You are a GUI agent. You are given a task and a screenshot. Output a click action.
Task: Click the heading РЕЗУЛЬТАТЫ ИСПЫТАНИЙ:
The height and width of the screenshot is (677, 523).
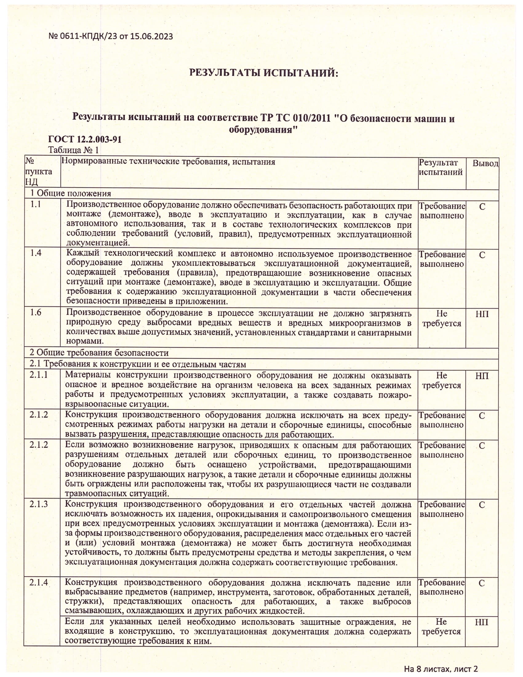[263, 73]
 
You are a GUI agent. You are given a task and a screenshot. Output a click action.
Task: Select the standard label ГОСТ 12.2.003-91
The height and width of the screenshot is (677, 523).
[85, 139]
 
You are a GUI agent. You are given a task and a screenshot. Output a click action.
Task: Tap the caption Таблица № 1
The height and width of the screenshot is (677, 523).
[74, 150]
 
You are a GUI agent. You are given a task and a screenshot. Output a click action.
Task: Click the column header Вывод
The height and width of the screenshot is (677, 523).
[485, 163]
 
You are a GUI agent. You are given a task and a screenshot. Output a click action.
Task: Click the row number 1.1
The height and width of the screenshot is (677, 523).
[36, 205]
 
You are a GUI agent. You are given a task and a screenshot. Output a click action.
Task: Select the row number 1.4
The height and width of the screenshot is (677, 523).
[36, 253]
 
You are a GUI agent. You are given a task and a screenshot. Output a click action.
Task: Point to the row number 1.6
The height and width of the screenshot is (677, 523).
[36, 312]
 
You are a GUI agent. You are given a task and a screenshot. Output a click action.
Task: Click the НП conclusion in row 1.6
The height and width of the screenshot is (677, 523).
[482, 314]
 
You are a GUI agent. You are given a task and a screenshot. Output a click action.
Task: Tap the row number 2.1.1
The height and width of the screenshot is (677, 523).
[39, 375]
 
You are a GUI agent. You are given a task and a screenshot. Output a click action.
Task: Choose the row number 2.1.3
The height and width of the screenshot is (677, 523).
[39, 504]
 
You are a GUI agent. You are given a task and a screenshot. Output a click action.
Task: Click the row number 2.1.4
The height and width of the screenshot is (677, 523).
[39, 582]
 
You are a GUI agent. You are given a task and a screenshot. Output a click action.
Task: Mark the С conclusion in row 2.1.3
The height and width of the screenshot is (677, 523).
[481, 505]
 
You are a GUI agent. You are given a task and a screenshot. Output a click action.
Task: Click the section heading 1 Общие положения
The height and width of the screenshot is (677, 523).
[70, 194]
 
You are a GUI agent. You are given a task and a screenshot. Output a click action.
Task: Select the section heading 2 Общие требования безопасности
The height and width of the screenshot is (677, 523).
[99, 352]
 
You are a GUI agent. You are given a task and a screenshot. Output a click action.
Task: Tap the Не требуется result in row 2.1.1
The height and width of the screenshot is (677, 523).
[441, 380]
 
